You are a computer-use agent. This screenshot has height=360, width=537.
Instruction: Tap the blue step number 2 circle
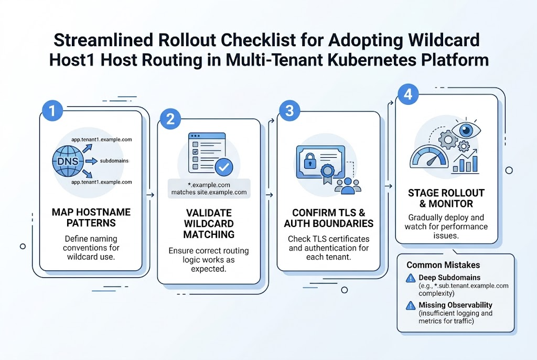point(169,119)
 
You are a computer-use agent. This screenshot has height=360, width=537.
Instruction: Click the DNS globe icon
point(68,161)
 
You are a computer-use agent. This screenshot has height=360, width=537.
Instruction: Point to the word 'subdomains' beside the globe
point(114,161)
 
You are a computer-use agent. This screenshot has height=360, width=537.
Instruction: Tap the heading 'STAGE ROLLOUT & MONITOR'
point(446,199)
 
